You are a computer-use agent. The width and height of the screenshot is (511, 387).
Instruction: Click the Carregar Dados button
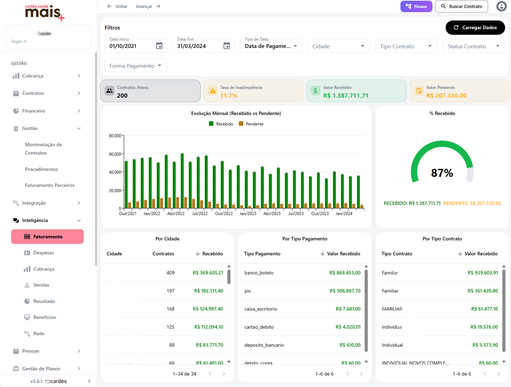coord(475,27)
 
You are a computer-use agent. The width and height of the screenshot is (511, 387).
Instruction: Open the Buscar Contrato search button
coord(461,6)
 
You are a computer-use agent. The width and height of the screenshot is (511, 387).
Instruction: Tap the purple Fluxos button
coord(416,6)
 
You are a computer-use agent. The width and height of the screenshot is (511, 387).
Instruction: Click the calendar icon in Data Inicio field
coord(159,46)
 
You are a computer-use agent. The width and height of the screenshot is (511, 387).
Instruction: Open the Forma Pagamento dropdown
coord(136,66)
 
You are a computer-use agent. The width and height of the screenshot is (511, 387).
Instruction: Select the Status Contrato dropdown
coord(473,46)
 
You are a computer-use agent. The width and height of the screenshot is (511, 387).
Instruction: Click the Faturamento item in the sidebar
coord(48,237)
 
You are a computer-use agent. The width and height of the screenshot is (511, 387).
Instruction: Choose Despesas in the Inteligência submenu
coord(43,253)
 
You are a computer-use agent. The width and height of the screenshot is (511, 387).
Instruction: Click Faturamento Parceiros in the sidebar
coord(50,185)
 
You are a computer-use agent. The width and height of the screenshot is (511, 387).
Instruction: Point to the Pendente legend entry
coord(254,124)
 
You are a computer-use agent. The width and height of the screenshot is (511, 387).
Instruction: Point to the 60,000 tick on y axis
coord(115,154)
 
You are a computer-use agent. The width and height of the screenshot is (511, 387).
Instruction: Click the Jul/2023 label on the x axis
coord(296,214)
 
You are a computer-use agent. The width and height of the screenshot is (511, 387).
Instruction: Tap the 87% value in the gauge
coord(442,173)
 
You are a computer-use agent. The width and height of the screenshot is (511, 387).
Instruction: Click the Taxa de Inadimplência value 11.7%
coord(229,96)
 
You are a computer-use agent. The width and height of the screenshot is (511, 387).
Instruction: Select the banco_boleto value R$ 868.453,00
coord(345,273)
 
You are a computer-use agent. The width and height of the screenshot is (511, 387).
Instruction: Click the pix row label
coord(248,291)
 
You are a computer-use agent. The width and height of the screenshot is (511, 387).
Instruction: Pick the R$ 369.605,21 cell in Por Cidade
coord(208,273)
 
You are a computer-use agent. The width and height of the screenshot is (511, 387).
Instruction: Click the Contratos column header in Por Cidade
coord(163,254)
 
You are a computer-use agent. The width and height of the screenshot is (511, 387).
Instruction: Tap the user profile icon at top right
coord(501,6)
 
